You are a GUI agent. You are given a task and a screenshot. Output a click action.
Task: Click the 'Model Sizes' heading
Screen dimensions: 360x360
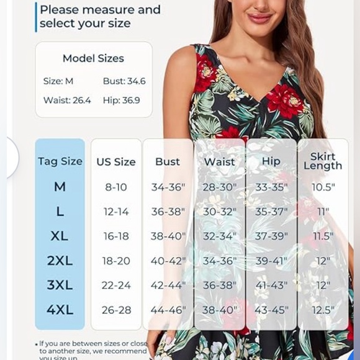click(93, 58)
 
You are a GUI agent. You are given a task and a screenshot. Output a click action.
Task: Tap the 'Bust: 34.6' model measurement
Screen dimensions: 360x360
click(124, 81)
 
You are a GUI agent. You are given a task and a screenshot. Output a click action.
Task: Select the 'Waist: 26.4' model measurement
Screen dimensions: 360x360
click(67, 100)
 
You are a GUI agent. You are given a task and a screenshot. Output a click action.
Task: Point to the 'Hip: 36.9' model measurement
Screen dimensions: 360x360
click(122, 100)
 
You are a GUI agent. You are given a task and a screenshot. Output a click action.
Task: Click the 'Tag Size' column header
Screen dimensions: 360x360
click(60, 161)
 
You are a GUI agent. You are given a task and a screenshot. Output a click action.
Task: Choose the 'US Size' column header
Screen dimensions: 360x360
click(115, 162)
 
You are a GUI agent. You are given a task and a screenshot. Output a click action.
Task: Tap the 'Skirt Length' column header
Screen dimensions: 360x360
click(323, 161)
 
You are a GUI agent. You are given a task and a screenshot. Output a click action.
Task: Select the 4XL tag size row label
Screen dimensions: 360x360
click(60, 310)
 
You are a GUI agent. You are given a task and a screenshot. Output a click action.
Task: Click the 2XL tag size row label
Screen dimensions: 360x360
click(60, 261)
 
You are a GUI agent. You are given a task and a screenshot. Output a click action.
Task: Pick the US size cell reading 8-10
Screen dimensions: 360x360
click(115, 187)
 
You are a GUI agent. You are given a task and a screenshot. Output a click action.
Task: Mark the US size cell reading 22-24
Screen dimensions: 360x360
click(116, 286)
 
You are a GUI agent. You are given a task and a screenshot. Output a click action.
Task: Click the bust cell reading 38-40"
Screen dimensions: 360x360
click(168, 236)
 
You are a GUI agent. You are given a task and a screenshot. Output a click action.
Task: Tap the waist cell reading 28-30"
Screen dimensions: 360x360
click(220, 187)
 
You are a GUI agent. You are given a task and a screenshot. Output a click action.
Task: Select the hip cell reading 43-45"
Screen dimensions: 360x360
click(271, 310)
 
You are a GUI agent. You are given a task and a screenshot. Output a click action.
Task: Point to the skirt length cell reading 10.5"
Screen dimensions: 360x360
click(323, 187)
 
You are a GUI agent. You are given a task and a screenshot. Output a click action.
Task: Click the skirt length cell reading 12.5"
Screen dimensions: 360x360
click(323, 310)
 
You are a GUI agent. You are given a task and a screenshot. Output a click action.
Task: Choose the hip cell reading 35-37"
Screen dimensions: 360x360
click(271, 212)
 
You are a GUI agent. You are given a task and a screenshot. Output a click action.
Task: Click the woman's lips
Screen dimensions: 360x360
click(259, 18)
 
